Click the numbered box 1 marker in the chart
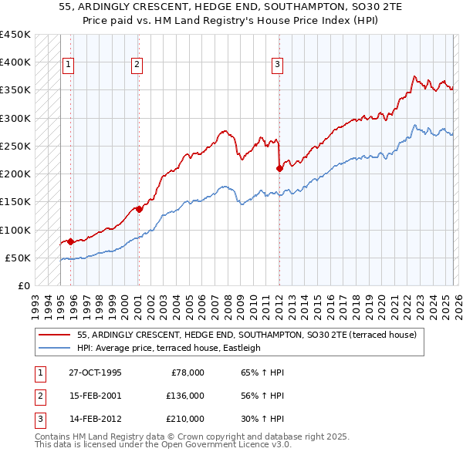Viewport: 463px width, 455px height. (x=69, y=66)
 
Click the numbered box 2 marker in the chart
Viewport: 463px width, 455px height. (x=137, y=66)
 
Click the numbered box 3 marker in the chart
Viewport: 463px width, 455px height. (x=277, y=66)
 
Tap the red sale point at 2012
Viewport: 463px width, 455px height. (x=279, y=168)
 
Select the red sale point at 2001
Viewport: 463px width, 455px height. (x=139, y=209)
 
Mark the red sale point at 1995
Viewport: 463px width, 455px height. (x=70, y=241)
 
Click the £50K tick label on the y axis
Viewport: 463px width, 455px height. (x=18, y=258)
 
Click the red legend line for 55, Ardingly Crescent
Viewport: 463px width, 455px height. (x=55, y=335)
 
